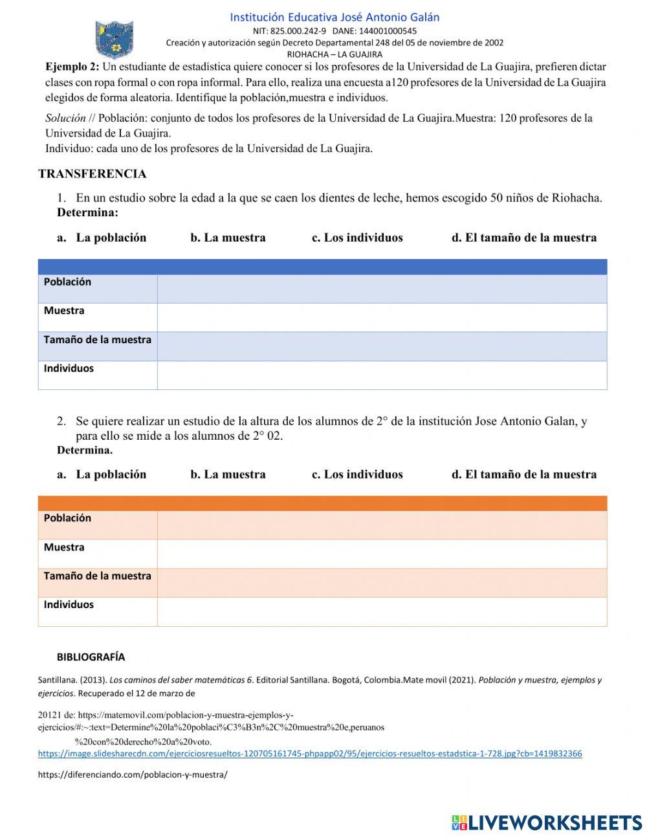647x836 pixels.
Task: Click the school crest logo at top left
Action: point(115,39)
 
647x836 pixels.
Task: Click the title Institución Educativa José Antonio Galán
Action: point(334,17)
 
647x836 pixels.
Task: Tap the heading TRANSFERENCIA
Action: point(93,174)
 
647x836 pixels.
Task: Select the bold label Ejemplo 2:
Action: point(72,67)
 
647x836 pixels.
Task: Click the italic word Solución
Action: point(65,118)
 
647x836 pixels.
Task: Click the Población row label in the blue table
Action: point(67,282)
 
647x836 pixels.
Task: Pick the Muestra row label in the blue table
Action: point(64,311)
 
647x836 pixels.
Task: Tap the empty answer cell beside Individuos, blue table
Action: point(382,375)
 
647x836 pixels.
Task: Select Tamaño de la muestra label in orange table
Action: point(97,576)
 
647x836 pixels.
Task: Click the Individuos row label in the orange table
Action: point(69,605)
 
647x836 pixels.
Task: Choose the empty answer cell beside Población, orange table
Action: point(382,525)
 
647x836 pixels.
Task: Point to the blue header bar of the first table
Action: point(322,266)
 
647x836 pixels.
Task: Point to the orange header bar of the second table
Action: point(322,503)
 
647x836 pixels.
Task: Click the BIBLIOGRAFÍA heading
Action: point(91,657)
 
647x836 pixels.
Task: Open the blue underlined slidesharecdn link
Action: point(310,754)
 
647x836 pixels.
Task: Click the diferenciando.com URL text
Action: point(133,774)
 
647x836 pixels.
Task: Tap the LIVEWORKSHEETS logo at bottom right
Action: point(547,822)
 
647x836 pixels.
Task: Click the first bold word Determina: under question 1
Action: point(87,212)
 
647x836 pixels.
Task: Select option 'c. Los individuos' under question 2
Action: point(357,475)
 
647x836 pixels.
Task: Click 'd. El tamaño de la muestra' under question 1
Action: point(524,238)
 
